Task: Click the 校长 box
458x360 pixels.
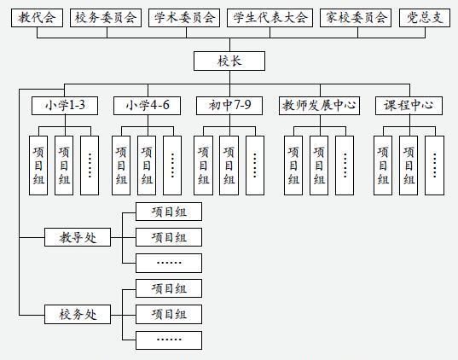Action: click(229, 61)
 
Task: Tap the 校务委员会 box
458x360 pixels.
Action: click(105, 17)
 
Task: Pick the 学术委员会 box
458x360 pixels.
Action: click(184, 17)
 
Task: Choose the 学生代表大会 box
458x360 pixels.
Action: click(270, 17)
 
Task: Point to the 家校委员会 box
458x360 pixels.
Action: click(356, 17)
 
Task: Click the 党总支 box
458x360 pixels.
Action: click(424, 17)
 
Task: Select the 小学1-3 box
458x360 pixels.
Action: click(64, 106)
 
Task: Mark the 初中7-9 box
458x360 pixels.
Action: click(229, 106)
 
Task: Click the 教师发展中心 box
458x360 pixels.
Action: click(319, 106)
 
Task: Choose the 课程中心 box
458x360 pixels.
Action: click(409, 106)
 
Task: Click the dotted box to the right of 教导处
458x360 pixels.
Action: click(169, 263)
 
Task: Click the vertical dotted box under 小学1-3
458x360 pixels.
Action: click(90, 165)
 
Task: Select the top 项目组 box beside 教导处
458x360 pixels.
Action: click(169, 212)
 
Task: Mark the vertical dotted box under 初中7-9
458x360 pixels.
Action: click(254, 165)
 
